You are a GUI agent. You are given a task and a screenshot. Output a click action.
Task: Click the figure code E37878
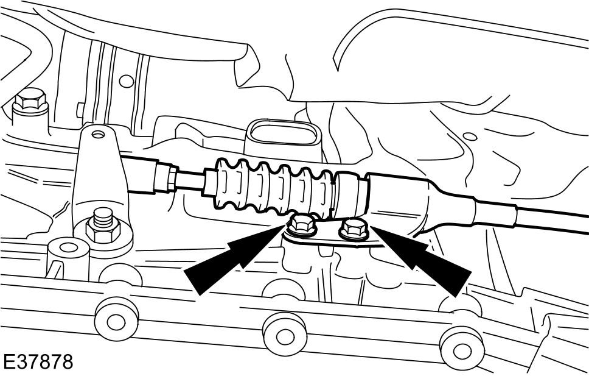point(37,362)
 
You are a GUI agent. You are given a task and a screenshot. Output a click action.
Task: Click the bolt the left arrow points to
point(303,225)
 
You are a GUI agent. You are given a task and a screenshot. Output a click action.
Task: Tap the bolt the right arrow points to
point(354,229)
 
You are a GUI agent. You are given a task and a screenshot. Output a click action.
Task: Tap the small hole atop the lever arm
point(98,134)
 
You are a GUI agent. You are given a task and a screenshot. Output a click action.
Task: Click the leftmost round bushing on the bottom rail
point(116,319)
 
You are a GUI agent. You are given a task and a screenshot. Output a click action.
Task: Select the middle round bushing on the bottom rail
point(284,335)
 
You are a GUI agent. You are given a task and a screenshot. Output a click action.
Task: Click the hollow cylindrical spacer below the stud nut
point(68,258)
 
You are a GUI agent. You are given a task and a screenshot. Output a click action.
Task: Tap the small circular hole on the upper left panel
point(126,81)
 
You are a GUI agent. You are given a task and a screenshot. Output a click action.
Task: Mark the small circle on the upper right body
point(470,137)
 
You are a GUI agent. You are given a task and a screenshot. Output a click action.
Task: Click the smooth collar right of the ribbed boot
point(351,193)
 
